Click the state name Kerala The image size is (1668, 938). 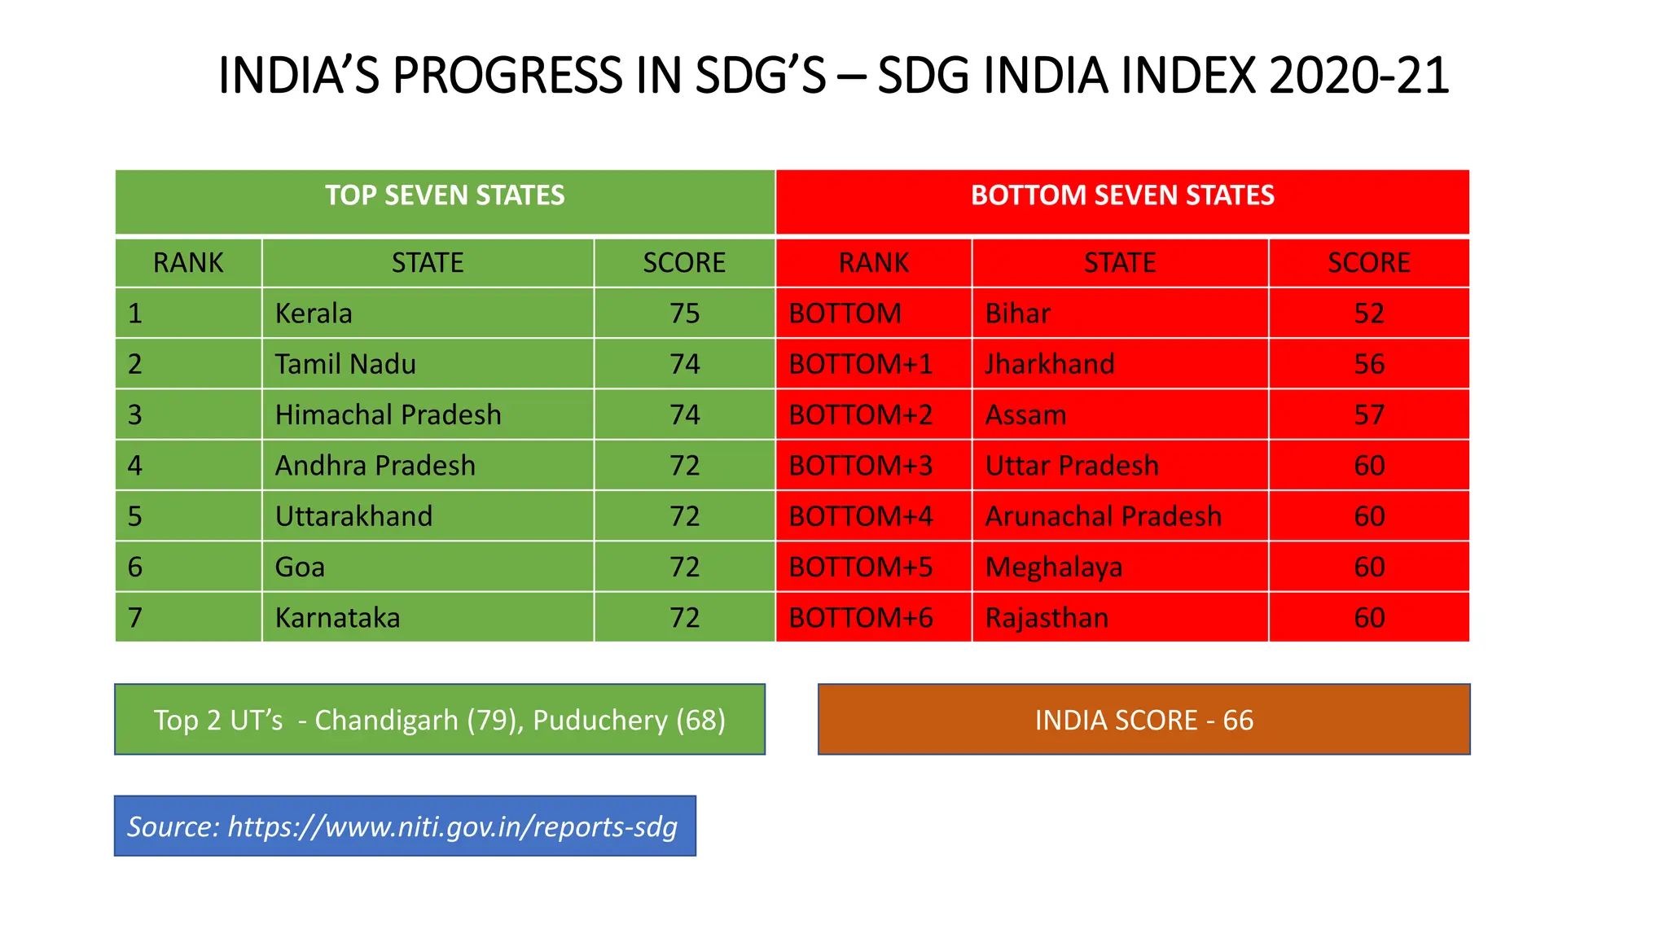(x=314, y=313)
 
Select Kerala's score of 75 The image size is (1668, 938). (x=684, y=313)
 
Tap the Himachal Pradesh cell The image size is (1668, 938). (x=388, y=415)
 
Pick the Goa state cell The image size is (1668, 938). (x=300, y=567)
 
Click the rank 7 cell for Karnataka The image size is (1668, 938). (x=135, y=618)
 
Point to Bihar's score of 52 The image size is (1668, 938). (x=1368, y=313)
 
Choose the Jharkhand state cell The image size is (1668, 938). (x=1049, y=364)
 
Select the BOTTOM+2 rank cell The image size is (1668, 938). (x=860, y=415)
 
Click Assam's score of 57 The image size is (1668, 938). (x=1368, y=415)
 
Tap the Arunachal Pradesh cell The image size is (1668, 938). (x=1103, y=516)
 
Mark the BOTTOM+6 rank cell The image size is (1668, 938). (x=860, y=618)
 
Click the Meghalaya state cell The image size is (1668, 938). (x=1053, y=567)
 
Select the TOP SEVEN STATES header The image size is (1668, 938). (x=445, y=195)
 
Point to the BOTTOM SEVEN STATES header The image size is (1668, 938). (x=1122, y=195)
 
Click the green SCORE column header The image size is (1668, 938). (x=684, y=263)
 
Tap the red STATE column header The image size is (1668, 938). (x=1119, y=263)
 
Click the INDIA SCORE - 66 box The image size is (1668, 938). (x=1143, y=720)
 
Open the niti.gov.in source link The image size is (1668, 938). (x=452, y=826)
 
